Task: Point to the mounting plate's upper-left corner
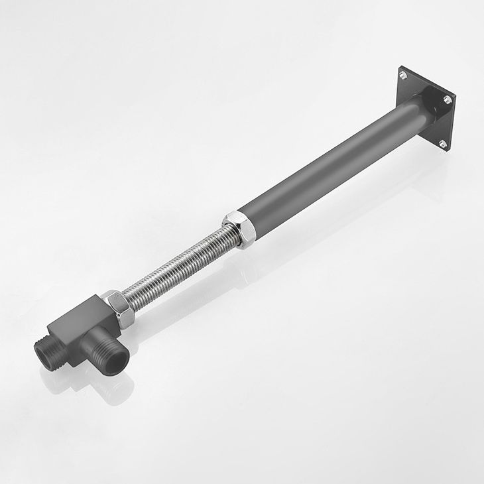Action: [x=399, y=68]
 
